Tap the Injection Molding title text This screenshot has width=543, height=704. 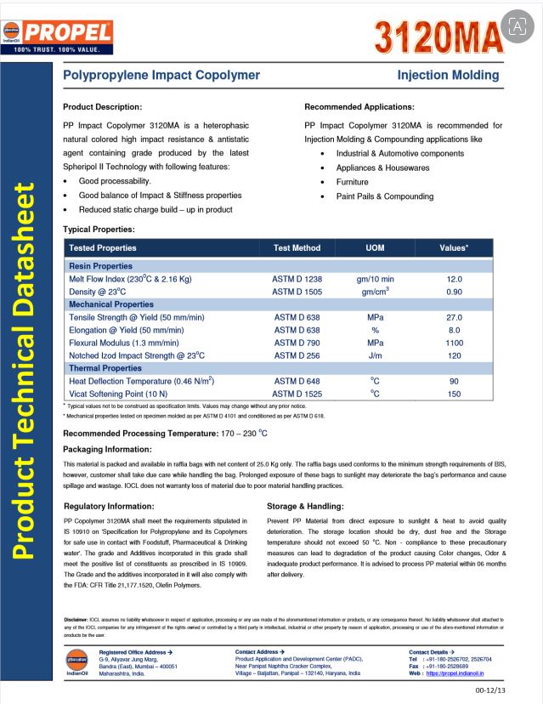point(448,75)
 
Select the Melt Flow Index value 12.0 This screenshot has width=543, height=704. point(454,279)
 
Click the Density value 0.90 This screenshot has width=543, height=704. point(454,292)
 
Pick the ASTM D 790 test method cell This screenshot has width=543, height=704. point(297,343)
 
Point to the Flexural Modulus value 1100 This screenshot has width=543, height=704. point(454,343)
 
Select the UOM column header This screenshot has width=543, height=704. point(375,248)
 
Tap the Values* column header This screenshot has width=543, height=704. point(454,248)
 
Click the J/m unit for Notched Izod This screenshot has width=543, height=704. point(375,355)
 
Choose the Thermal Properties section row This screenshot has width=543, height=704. point(105,368)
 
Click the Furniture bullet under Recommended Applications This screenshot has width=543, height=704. point(352,182)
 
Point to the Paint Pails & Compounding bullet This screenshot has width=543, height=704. point(384,196)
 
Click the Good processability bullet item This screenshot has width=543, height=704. point(115,181)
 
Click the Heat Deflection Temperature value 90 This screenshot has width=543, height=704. point(454,381)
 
